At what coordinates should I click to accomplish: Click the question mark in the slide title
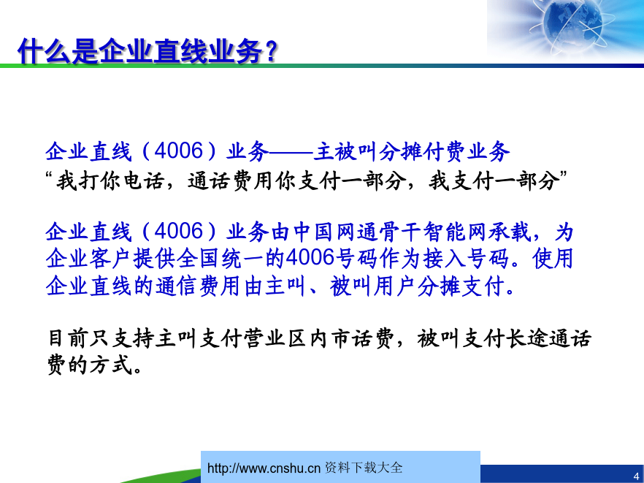click(x=271, y=51)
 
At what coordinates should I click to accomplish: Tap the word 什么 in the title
click(x=45, y=51)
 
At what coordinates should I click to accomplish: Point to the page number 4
click(x=636, y=476)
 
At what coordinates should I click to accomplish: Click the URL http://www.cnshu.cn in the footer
click(x=264, y=468)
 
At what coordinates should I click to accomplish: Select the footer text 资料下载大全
click(x=364, y=468)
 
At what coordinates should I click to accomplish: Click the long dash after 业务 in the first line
click(x=291, y=152)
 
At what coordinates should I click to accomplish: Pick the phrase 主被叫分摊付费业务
click(x=412, y=151)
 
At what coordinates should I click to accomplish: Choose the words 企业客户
click(x=89, y=259)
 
